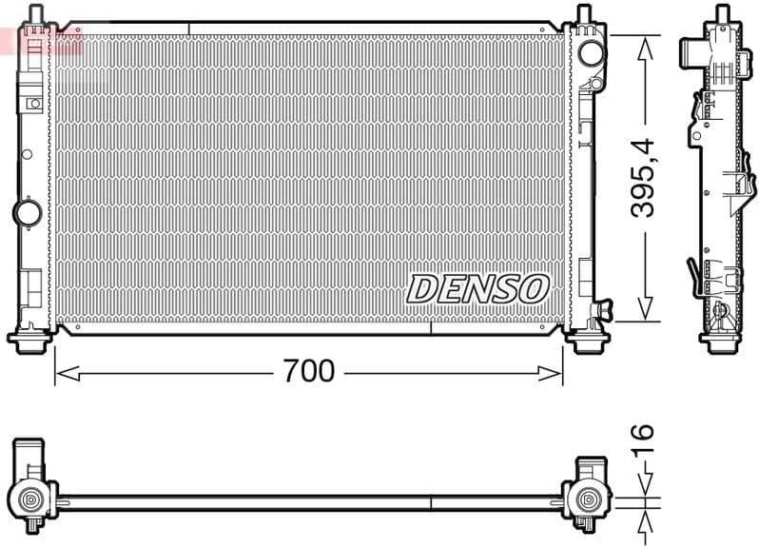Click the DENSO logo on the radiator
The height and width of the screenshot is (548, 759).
pyautogui.click(x=478, y=288)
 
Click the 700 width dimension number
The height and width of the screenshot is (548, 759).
pyautogui.click(x=308, y=371)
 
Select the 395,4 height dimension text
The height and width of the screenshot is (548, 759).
pyautogui.click(x=645, y=176)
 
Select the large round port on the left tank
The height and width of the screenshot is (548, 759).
pyautogui.click(x=26, y=210)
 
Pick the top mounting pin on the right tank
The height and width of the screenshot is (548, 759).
pyautogui.click(x=582, y=13)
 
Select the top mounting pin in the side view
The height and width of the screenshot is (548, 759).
pyautogui.click(x=720, y=13)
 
